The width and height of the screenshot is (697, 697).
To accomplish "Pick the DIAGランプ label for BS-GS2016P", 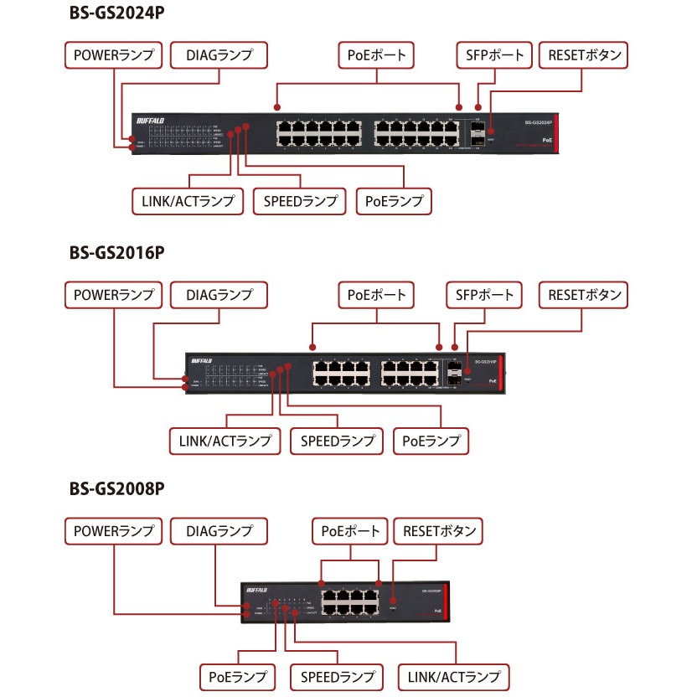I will (x=219, y=295).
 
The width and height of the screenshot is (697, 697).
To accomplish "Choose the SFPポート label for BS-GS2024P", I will (x=494, y=55).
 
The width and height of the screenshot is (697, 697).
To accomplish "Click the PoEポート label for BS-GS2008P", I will (x=351, y=531).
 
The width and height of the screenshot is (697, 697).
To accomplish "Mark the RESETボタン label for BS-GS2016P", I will (x=585, y=295).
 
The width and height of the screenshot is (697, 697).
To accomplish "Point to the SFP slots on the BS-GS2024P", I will (x=478, y=132).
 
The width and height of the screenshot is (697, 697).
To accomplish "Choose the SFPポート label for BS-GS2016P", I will (x=483, y=295).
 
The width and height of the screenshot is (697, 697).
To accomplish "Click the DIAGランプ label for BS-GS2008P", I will (x=219, y=531).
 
